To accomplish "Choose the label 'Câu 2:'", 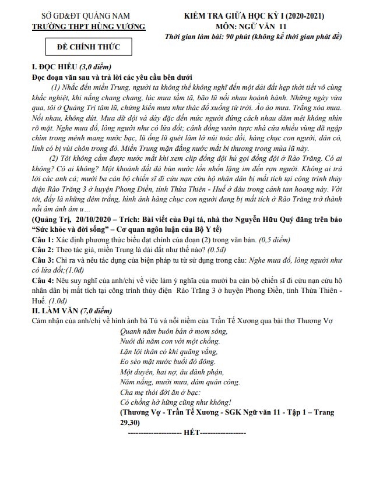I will click(43, 250).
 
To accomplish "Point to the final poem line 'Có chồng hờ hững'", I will click(175, 402).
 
